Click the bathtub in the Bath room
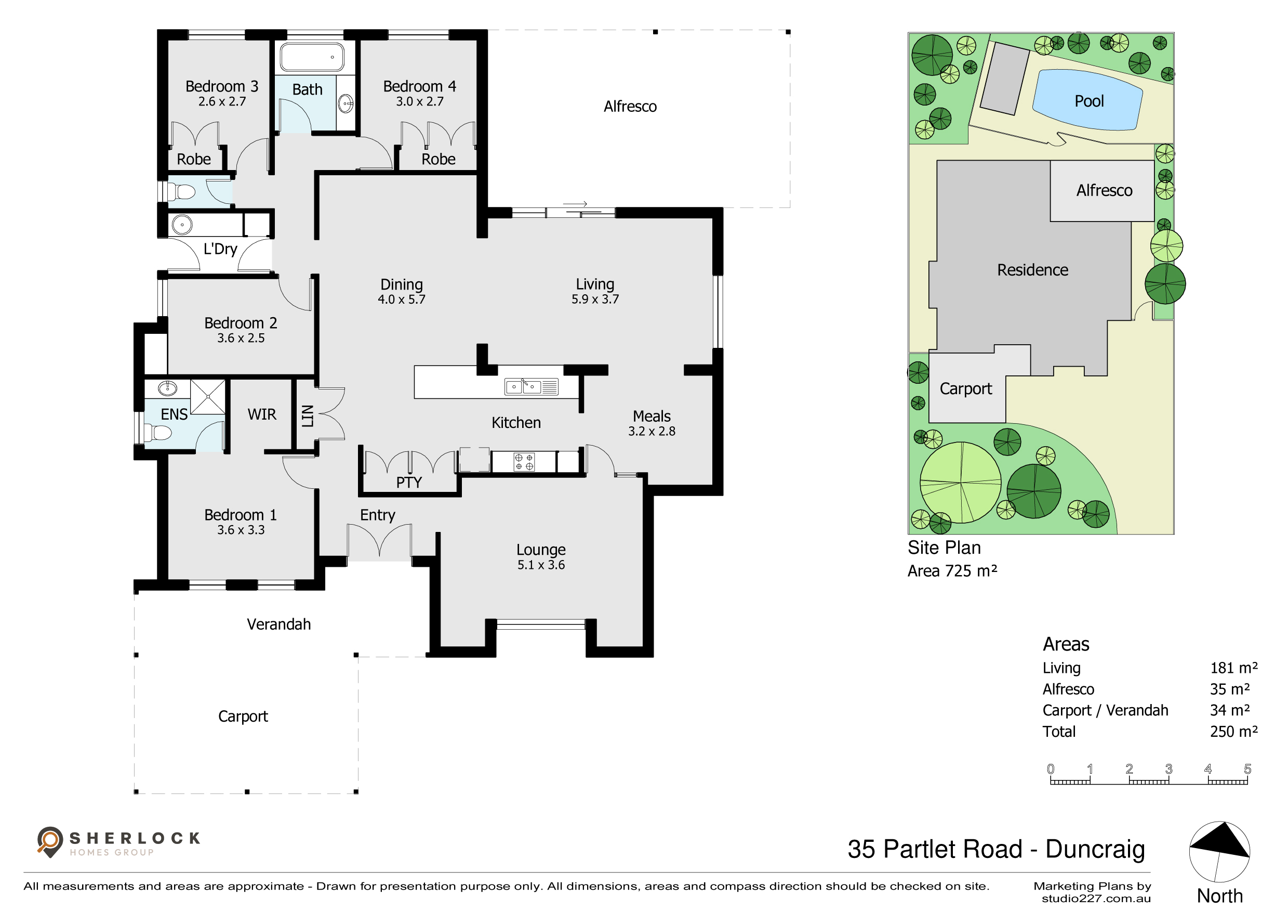pyautogui.click(x=312, y=57)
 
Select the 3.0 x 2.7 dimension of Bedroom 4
pyautogui.click(x=420, y=101)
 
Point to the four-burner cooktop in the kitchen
pyautogui.click(x=524, y=462)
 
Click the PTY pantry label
pyautogui.click(x=409, y=482)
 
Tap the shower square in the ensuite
pyautogui.click(x=207, y=397)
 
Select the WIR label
pyautogui.click(x=262, y=414)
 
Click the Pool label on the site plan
pyautogui.click(x=1089, y=101)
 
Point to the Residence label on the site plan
pyautogui.click(x=1032, y=270)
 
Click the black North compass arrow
pyautogui.click(x=1220, y=840)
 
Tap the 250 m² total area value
pyautogui.click(x=1233, y=732)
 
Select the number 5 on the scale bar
pyautogui.click(x=1247, y=769)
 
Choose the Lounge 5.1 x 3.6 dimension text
pyautogui.click(x=541, y=565)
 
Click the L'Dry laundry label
pyautogui.click(x=220, y=249)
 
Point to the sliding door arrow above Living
pyautogui.click(x=575, y=204)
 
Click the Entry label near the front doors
pyautogui.click(x=378, y=515)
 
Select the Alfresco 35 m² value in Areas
pyautogui.click(x=1230, y=689)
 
